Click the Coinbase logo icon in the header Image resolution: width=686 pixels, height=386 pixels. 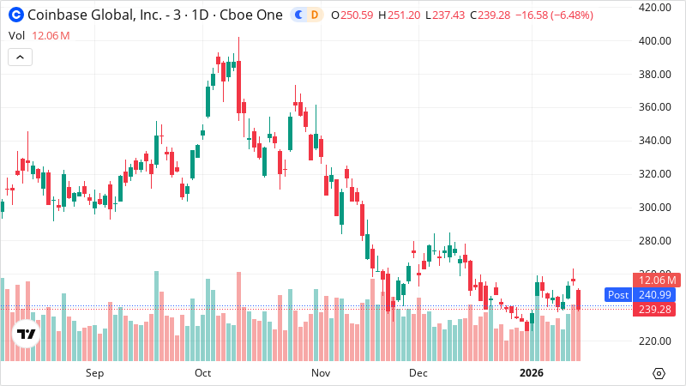point(15,15)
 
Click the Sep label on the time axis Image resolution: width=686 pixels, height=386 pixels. point(94,373)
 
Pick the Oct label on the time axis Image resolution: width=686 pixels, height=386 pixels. point(203,373)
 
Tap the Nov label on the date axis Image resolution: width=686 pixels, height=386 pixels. point(321,373)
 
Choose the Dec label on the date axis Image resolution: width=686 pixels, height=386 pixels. point(418,373)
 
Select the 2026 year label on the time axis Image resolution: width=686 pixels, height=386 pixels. point(533,373)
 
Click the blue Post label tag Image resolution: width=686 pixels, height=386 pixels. point(617,294)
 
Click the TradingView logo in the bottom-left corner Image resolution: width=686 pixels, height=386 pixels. point(27,334)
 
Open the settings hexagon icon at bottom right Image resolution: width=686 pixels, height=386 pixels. point(659,373)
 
